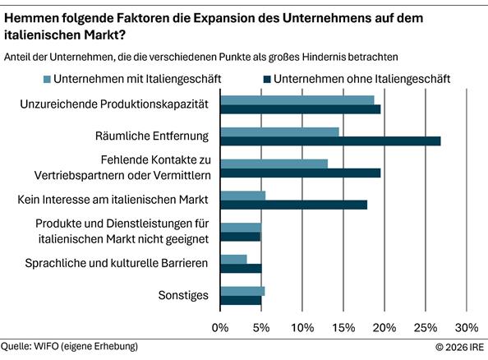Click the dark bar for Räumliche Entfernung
pyautogui.click(x=330, y=141)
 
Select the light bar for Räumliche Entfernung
pyautogui.click(x=279, y=131)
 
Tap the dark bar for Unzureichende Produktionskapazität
pyautogui.click(x=300, y=108)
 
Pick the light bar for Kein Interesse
pyautogui.click(x=242, y=196)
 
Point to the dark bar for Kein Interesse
pyautogui.click(x=293, y=205)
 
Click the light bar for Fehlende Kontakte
pyautogui.click(x=274, y=163)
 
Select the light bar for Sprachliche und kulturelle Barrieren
pyautogui.click(x=233, y=259)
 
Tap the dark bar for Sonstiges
pyautogui.click(x=241, y=300)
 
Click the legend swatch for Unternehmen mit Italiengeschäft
pyautogui.click(x=46, y=80)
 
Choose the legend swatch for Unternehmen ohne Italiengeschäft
pyautogui.click(x=265, y=80)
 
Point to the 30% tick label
pyautogui.click(x=466, y=328)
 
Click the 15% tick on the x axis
pyautogui.click(x=343, y=328)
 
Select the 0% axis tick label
pyautogui.click(x=220, y=328)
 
